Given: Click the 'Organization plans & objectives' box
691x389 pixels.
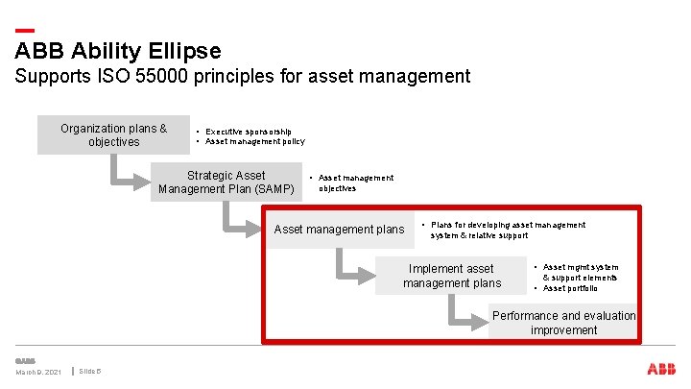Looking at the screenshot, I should (x=113, y=135).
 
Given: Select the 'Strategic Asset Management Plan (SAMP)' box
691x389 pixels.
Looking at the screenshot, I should (x=226, y=182).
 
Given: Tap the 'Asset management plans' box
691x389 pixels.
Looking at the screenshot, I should (x=339, y=230).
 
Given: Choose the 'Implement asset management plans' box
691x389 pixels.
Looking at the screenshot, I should (x=451, y=276).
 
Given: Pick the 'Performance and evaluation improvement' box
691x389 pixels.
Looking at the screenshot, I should (x=563, y=323).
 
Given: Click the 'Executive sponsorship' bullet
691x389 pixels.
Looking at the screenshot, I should (x=249, y=131).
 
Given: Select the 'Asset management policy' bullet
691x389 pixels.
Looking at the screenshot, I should (x=254, y=142).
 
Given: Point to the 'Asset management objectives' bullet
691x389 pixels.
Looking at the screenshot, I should (x=355, y=182).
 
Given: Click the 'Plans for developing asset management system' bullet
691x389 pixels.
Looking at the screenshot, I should (x=508, y=230).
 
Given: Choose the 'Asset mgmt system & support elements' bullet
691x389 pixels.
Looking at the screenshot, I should (x=580, y=272).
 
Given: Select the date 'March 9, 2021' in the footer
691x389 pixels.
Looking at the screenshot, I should (x=37, y=372).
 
